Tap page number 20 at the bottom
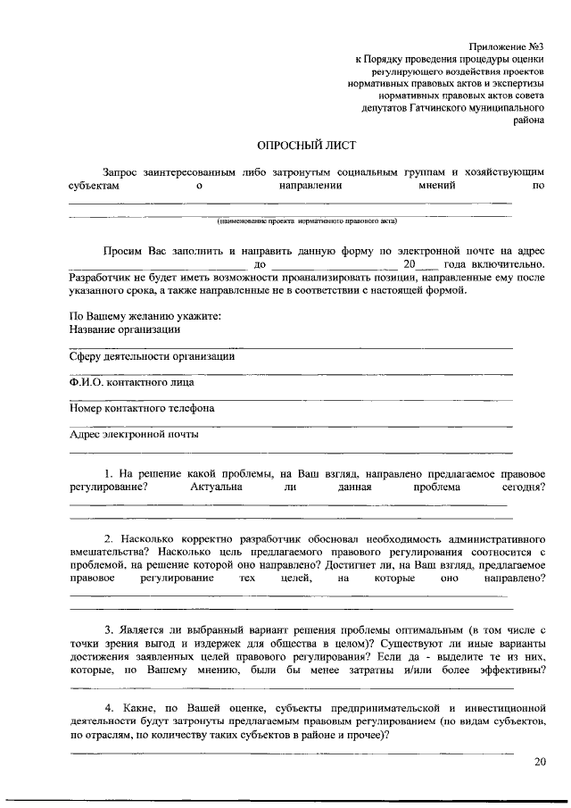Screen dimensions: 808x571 click(540, 762)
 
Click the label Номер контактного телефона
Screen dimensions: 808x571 click(141, 409)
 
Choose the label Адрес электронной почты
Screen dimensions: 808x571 click(134, 435)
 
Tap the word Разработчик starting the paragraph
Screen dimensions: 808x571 click(100, 278)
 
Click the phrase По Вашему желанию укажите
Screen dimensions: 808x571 click(145, 316)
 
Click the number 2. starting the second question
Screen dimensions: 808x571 click(108, 540)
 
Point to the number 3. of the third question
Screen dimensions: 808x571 click(108, 629)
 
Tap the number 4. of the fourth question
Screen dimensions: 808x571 click(108, 707)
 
